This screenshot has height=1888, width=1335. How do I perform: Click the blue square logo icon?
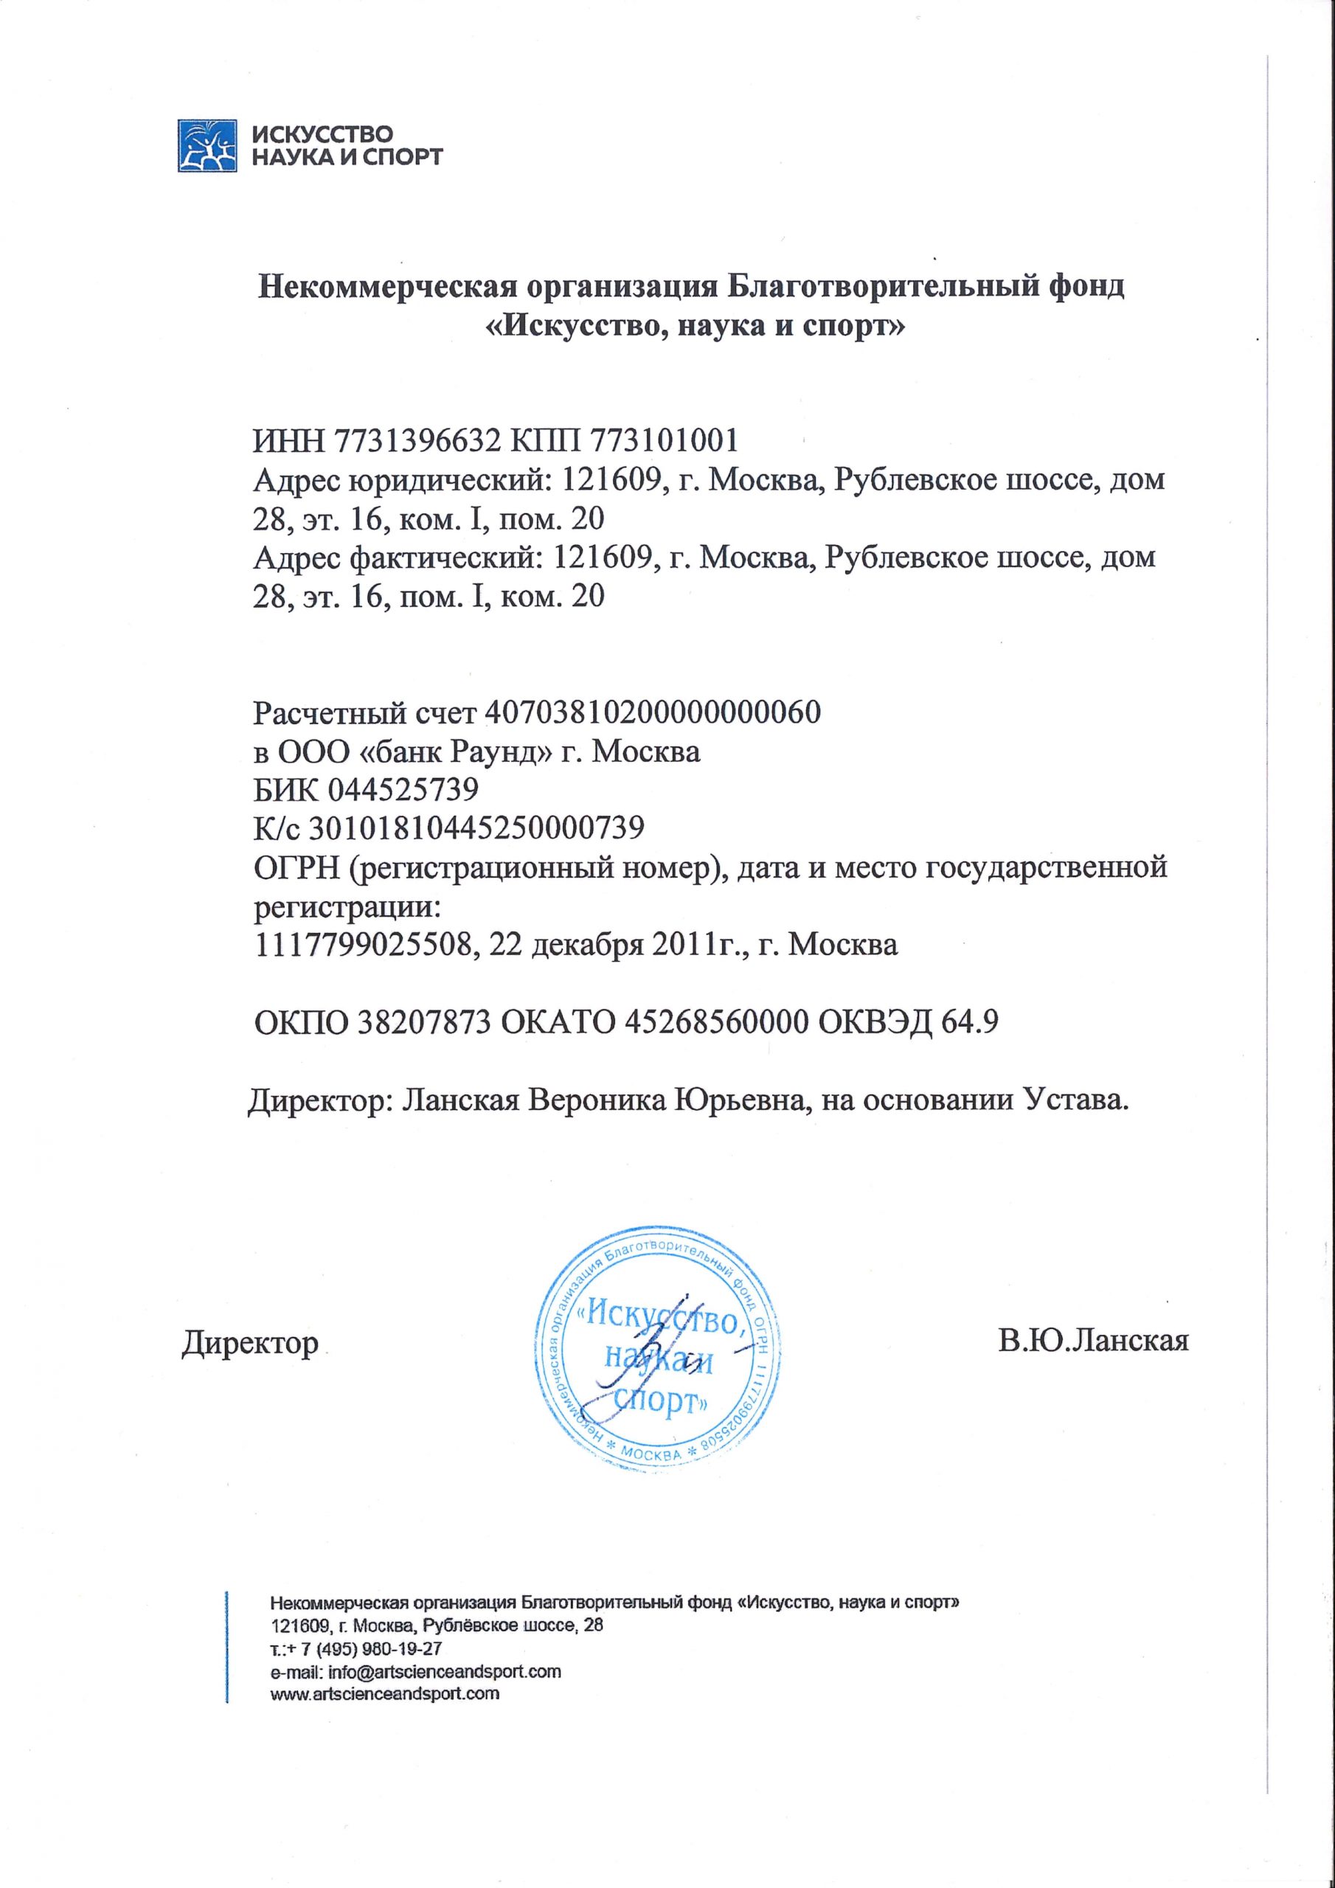(x=207, y=145)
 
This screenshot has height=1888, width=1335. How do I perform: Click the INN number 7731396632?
(x=418, y=442)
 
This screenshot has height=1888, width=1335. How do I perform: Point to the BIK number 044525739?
(x=403, y=790)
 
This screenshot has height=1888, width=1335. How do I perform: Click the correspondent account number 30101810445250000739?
(x=476, y=828)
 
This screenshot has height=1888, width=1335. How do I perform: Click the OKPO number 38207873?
(x=424, y=1022)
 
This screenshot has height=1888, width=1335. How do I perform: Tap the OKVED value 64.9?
(x=975, y=1022)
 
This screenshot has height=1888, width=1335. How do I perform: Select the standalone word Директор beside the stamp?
(x=250, y=1343)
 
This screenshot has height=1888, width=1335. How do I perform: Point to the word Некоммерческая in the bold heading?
(x=386, y=288)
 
